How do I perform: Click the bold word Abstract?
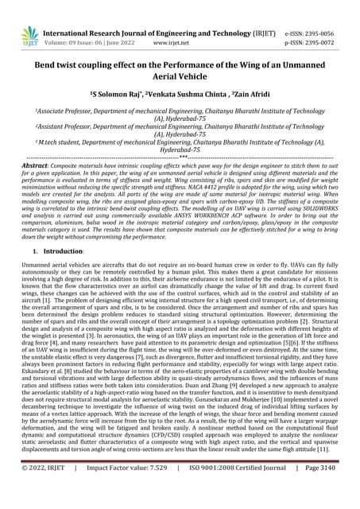(37, 164)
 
